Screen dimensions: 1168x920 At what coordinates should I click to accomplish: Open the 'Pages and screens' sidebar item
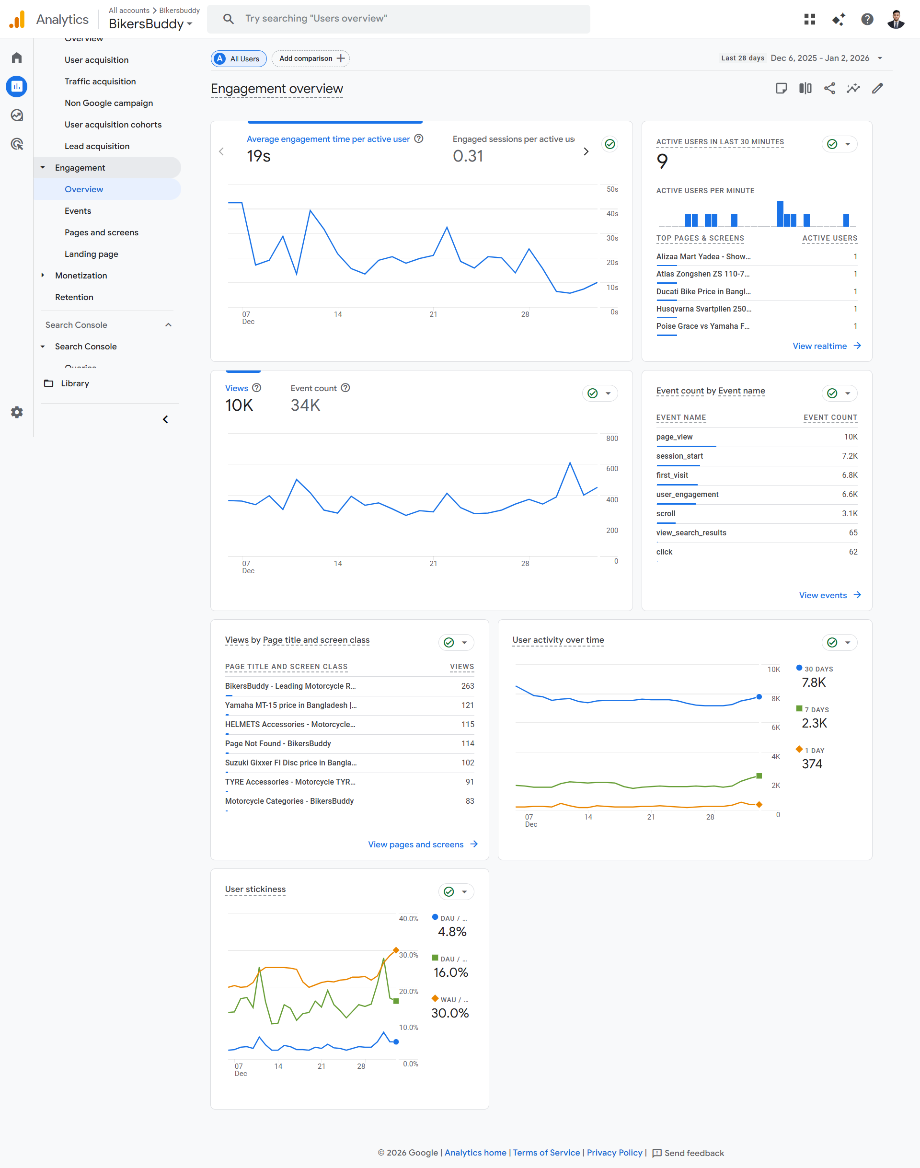101,232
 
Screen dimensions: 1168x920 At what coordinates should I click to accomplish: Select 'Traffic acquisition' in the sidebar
100,81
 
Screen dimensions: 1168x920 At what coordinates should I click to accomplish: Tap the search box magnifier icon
229,19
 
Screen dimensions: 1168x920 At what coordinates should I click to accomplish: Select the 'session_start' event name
679,456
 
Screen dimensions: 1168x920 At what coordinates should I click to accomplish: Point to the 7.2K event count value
849,456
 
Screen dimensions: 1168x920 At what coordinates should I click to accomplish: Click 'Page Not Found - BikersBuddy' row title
278,743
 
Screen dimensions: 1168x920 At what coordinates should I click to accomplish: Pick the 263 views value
467,686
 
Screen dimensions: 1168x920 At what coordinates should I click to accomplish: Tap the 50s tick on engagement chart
612,190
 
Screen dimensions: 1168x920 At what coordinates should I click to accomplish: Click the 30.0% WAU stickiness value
450,1013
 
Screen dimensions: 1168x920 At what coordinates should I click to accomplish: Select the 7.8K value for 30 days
813,682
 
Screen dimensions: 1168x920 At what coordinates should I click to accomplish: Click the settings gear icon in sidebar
17,412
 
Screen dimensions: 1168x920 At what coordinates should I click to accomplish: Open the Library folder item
74,383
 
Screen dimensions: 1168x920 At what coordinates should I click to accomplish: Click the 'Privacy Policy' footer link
614,1152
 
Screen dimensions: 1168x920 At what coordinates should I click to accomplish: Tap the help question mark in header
867,19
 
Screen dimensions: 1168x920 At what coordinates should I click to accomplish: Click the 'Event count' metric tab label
313,388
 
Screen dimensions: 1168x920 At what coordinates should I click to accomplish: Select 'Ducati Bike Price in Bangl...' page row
703,291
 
